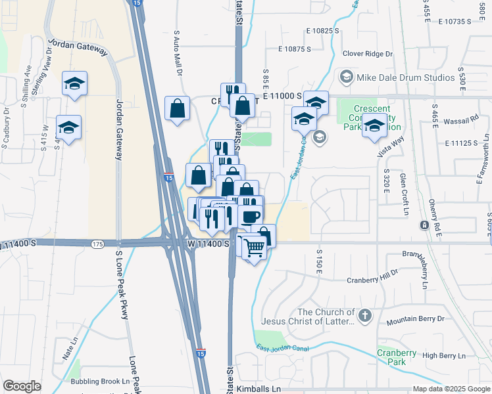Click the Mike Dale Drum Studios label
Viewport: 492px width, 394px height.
coord(405,77)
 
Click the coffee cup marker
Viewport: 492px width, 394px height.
coord(251,216)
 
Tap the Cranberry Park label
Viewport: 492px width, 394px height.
coord(397,357)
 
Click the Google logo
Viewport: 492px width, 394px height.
coord(22,386)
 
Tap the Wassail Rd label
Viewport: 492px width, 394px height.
coord(464,121)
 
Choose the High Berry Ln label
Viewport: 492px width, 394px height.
coord(443,356)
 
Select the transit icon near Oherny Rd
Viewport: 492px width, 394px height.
coord(424,225)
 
